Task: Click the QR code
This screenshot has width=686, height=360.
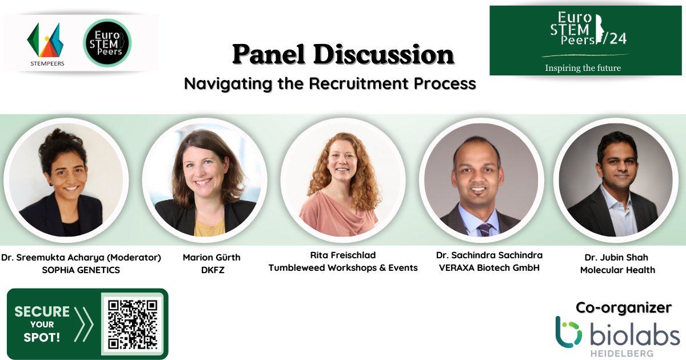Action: click(x=132, y=324)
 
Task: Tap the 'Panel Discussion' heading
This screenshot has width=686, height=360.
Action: click(x=343, y=55)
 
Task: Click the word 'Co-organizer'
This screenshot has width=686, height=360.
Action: click(x=623, y=307)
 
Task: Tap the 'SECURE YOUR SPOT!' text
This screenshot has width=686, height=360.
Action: click(x=42, y=324)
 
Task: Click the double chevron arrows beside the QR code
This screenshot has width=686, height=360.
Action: click(x=83, y=324)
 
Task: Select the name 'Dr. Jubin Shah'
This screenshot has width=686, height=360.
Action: click(x=616, y=257)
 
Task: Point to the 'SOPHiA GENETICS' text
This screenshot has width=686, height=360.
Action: click(x=81, y=270)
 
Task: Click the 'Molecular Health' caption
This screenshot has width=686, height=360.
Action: click(x=617, y=270)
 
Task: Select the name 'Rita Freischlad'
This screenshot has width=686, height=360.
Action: click(x=343, y=255)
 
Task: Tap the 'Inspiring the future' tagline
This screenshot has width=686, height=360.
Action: click(x=583, y=68)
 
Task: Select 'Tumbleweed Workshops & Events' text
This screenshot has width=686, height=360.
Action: click(x=343, y=267)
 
